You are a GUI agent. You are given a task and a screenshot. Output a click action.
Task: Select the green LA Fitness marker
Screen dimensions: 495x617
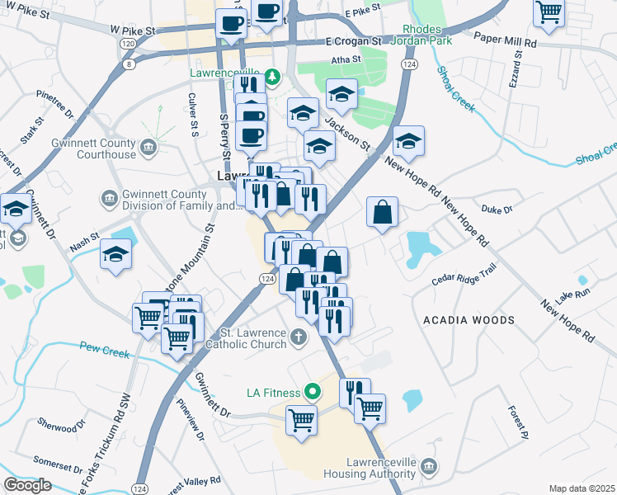pyautogui.click(x=312, y=390)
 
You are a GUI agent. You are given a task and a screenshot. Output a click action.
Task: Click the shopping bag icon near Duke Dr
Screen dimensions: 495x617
pyautogui.click(x=383, y=213)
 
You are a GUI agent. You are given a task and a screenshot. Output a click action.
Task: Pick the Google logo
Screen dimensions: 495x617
pyautogui.click(x=27, y=485)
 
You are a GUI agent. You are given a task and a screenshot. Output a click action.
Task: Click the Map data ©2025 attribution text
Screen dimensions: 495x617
pyautogui.click(x=582, y=488)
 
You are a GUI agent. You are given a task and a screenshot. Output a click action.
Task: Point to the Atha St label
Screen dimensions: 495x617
pyautogui.click(x=346, y=59)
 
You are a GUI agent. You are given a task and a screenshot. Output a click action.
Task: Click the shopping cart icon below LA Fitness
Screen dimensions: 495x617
pyautogui.click(x=302, y=420)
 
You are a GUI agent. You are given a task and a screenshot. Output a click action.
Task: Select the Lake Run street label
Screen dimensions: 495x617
pyautogui.click(x=572, y=294)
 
